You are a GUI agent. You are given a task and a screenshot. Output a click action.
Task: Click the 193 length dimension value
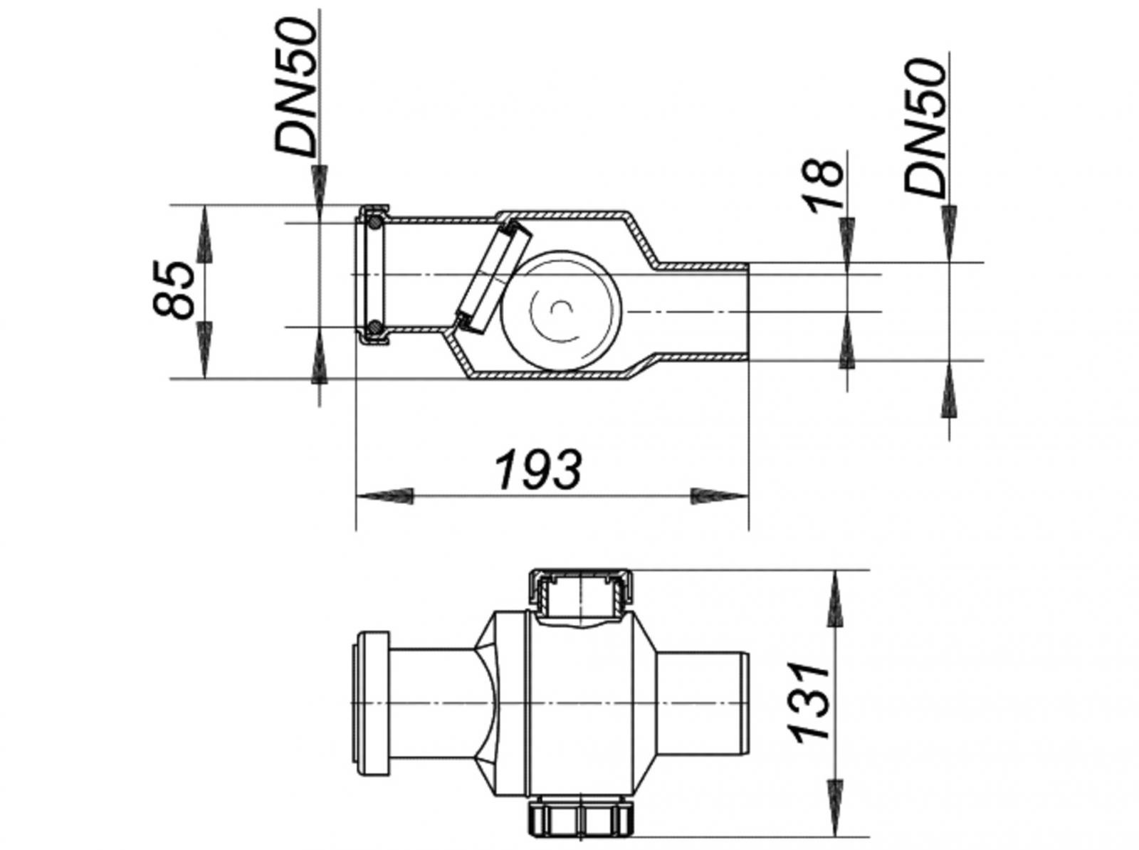pyautogui.click(x=539, y=469)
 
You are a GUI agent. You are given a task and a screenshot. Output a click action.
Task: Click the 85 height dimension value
pyautogui.click(x=174, y=288)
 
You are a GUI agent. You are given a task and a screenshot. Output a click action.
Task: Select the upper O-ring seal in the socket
pyautogui.click(x=372, y=224)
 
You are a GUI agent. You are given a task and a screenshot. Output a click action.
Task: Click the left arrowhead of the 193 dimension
pyautogui.click(x=384, y=496)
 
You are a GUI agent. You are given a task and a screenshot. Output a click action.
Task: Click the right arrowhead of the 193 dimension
pyautogui.click(x=719, y=496)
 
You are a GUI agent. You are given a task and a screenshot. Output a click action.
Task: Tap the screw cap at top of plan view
pyautogui.click(x=580, y=591)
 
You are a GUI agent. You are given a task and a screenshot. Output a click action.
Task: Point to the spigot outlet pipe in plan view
pyautogui.click(x=701, y=703)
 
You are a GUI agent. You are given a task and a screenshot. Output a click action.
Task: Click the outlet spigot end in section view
pyautogui.click(x=712, y=311)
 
